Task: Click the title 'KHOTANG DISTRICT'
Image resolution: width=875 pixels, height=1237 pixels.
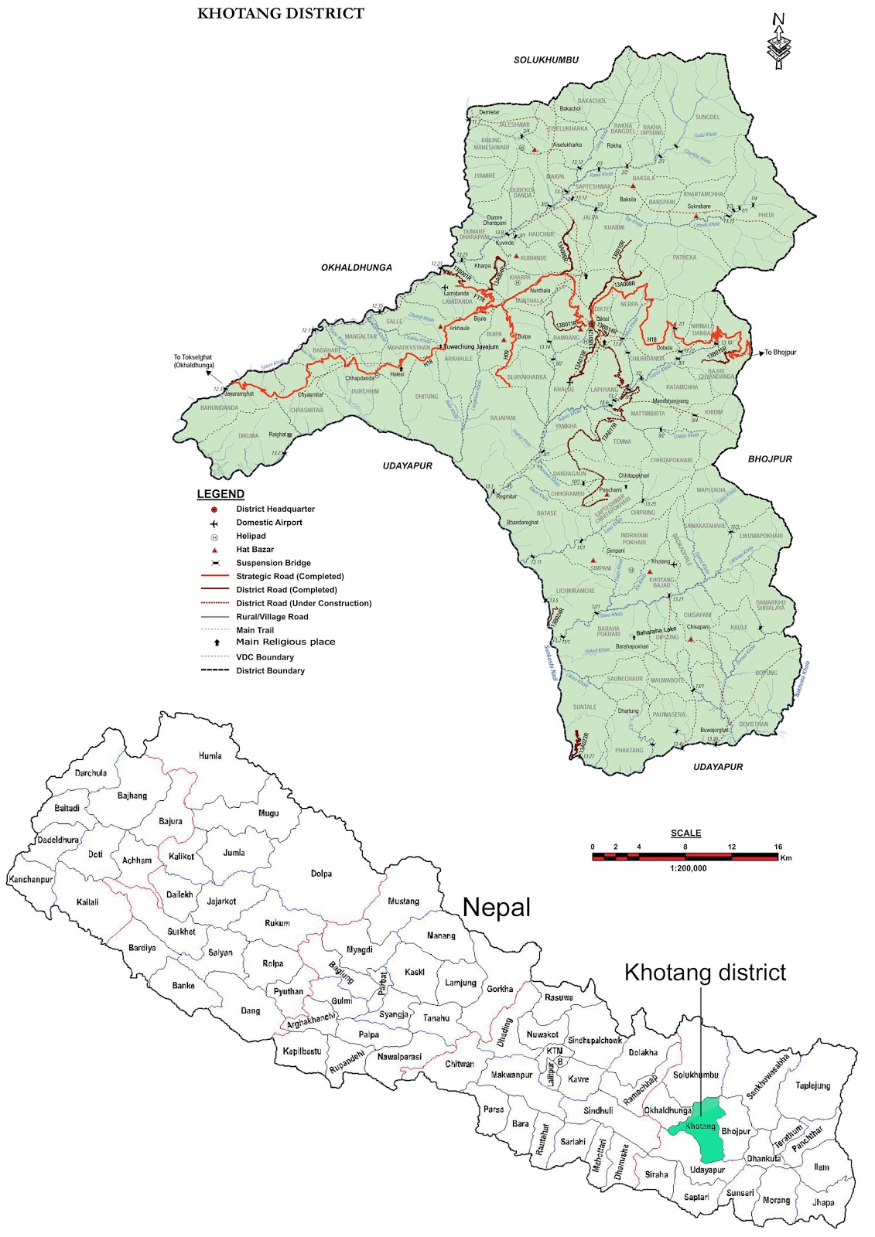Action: point(280,13)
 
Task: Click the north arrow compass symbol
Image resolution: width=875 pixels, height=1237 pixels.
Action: point(778,43)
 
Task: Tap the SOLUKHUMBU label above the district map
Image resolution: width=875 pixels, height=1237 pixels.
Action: point(545,60)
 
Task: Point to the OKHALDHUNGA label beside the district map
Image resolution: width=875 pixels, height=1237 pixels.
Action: point(357,268)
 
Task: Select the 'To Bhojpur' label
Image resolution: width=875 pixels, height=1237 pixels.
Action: point(780,353)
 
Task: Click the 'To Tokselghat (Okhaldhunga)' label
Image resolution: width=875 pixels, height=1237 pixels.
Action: point(193,361)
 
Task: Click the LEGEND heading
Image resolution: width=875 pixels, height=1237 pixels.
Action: point(220,494)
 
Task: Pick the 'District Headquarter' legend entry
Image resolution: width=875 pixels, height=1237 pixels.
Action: point(275,509)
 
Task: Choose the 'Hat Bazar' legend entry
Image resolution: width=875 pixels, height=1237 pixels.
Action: point(255,550)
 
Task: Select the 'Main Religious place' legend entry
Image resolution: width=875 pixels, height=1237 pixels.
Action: point(285,642)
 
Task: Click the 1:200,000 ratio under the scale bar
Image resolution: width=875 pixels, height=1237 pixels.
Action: point(688,868)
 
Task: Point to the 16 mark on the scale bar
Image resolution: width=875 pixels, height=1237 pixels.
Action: point(778,847)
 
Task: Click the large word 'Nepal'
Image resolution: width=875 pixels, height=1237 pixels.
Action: point(496,907)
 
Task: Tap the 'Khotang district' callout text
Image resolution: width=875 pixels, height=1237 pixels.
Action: point(705,972)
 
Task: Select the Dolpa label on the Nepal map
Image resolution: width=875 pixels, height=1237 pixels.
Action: point(321,874)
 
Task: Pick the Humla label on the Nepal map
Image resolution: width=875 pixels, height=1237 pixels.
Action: point(210,755)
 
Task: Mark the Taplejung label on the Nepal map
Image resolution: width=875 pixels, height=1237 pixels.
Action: point(812,1085)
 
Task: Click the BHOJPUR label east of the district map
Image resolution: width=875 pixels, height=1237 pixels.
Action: point(770,459)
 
